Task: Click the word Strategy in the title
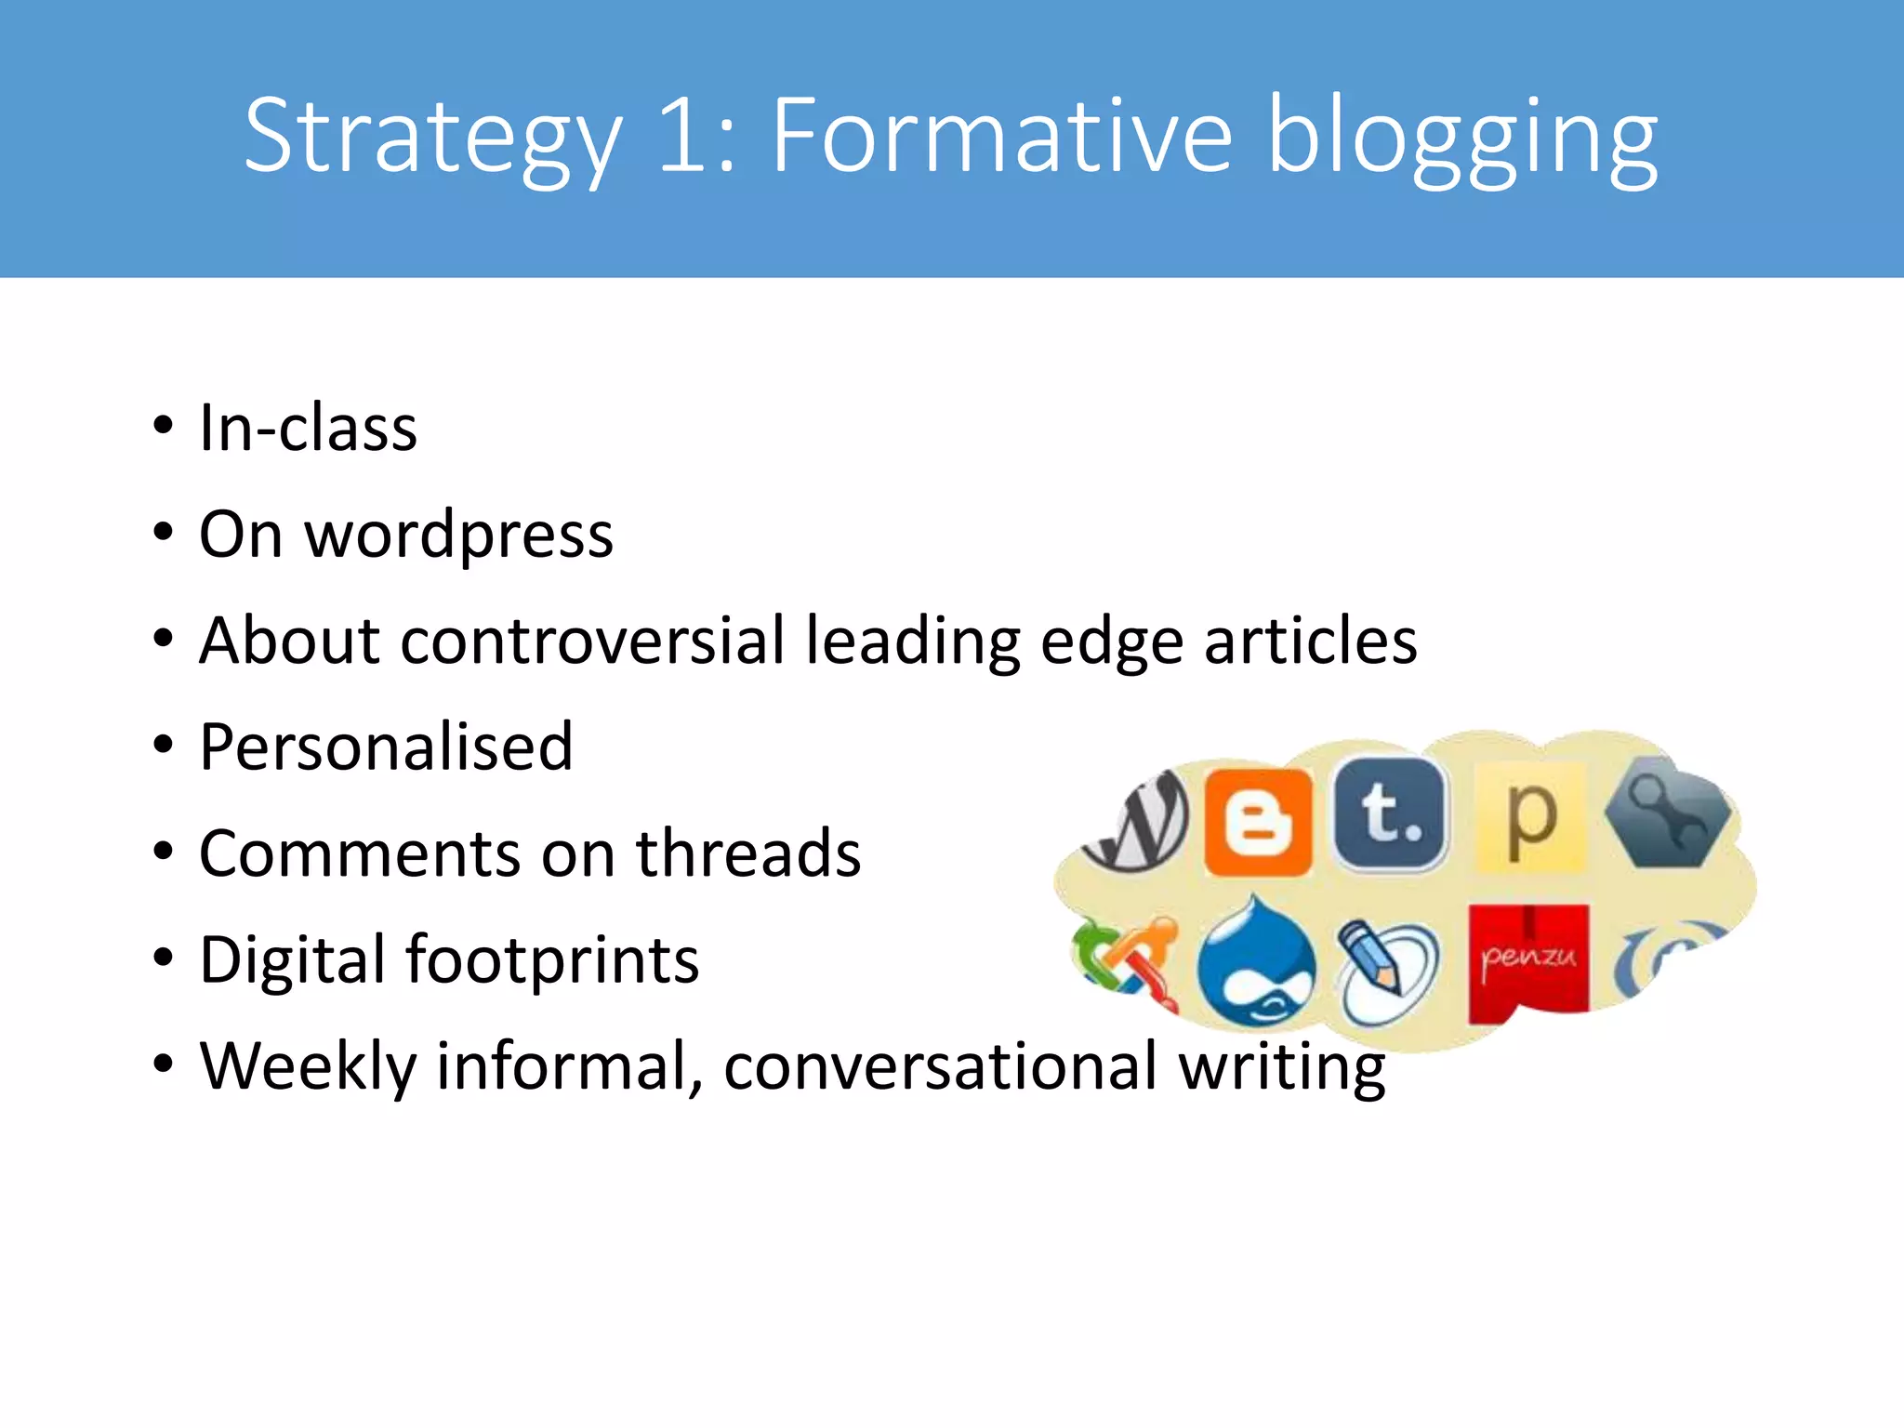(432, 138)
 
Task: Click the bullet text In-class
(308, 429)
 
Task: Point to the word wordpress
(459, 536)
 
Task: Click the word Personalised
(386, 747)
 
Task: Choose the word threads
(748, 853)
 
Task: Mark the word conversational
(940, 1066)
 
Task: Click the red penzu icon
(1527, 963)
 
